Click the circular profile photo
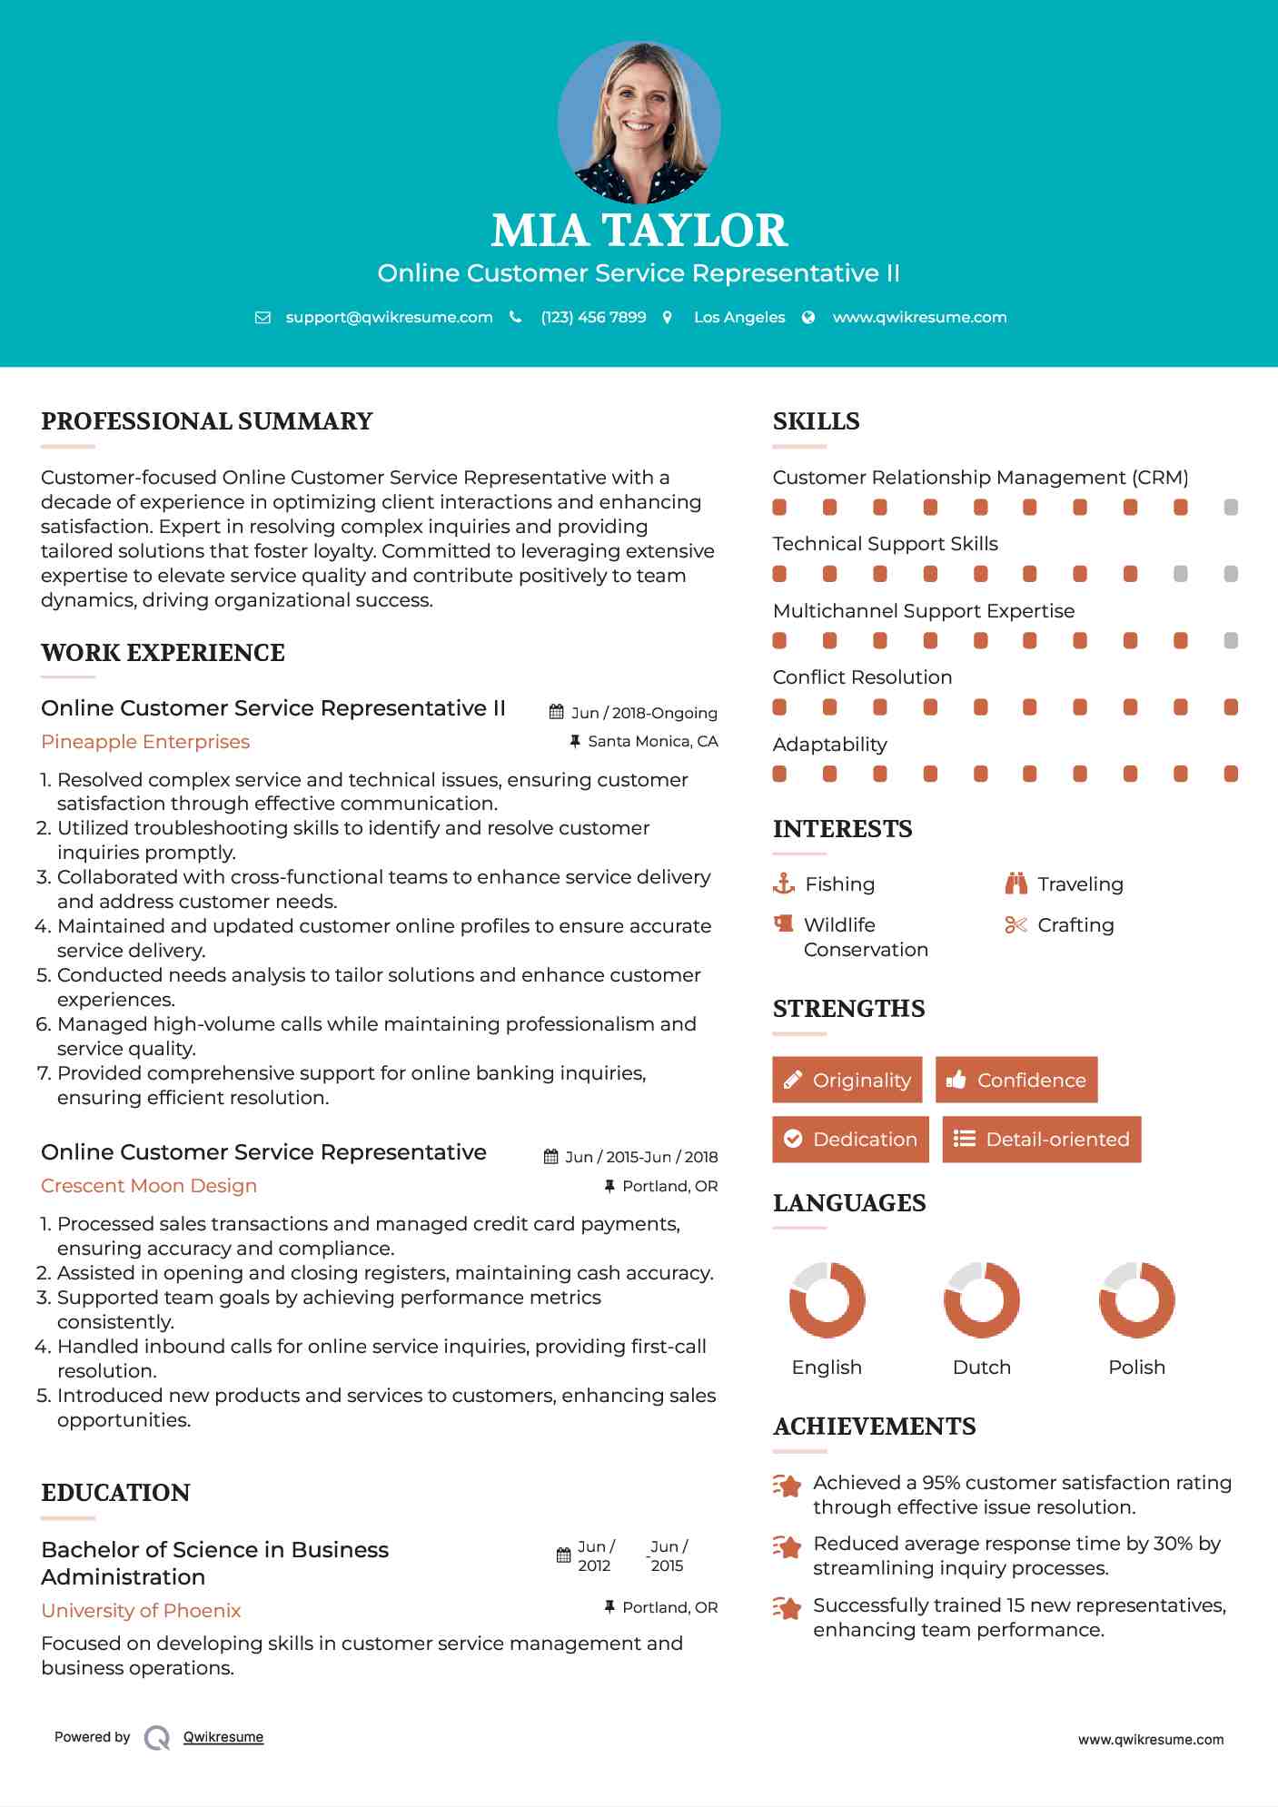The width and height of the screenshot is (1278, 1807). point(639,123)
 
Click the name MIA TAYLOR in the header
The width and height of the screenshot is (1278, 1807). point(639,231)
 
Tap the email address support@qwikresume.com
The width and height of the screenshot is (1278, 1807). point(389,318)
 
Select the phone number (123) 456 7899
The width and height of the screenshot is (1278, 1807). point(593,318)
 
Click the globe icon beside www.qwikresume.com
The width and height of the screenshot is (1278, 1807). point(808,318)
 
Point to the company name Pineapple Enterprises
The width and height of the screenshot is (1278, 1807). point(145,742)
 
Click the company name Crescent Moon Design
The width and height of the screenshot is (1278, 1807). point(149,1186)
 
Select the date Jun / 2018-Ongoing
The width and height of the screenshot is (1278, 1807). point(643,714)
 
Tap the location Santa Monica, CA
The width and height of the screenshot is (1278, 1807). point(652,742)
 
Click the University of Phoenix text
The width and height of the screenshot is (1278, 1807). point(141,1611)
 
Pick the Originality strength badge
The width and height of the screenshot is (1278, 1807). point(847,1080)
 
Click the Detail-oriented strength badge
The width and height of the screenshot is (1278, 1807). point(1041,1140)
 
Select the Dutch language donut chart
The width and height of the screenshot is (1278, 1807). point(981,1300)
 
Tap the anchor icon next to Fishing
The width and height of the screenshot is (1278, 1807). point(783,884)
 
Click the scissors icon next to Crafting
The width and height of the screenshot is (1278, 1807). point(1015,925)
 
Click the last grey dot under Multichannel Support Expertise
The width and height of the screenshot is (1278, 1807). point(1231,641)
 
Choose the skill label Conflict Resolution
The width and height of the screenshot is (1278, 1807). point(862,677)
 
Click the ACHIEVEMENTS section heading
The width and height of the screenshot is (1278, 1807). point(874,1427)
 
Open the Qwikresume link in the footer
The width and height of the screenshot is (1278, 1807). point(223,1737)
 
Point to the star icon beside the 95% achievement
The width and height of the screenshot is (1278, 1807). point(788,1486)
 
